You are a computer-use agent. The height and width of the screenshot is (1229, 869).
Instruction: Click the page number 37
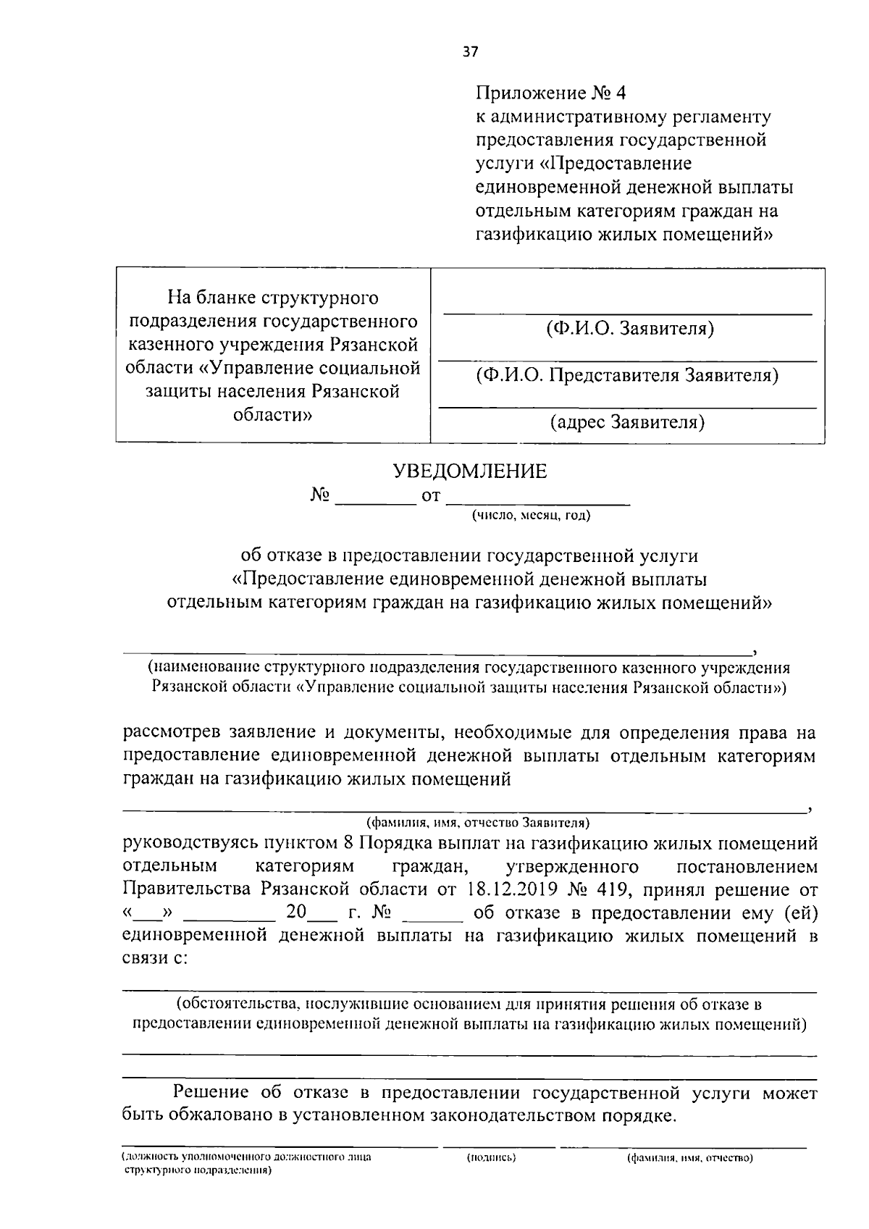(x=471, y=51)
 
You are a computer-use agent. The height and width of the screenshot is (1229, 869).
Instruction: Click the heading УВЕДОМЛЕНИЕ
(x=469, y=472)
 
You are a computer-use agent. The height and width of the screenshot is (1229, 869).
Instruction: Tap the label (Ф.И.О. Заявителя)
(x=629, y=329)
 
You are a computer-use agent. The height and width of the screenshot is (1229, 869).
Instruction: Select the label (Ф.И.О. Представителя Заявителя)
(x=627, y=375)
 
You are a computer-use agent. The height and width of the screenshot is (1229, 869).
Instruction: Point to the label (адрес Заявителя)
(x=627, y=421)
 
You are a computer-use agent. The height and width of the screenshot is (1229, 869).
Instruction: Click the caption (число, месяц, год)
(x=531, y=516)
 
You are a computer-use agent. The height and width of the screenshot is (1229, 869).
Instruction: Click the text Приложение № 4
(x=550, y=93)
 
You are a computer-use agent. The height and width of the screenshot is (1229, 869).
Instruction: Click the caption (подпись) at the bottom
(x=491, y=1157)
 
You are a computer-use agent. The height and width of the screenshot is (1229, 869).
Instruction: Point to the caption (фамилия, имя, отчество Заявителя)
(x=478, y=823)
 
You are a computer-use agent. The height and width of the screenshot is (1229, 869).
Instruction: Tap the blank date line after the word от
(x=538, y=498)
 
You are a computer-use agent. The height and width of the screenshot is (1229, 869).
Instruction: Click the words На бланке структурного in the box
(x=273, y=298)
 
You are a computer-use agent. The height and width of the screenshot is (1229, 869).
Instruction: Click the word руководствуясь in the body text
(x=189, y=844)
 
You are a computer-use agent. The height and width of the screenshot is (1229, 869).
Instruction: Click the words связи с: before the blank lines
(x=155, y=958)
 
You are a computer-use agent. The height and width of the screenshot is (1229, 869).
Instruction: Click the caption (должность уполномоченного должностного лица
(x=246, y=1157)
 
